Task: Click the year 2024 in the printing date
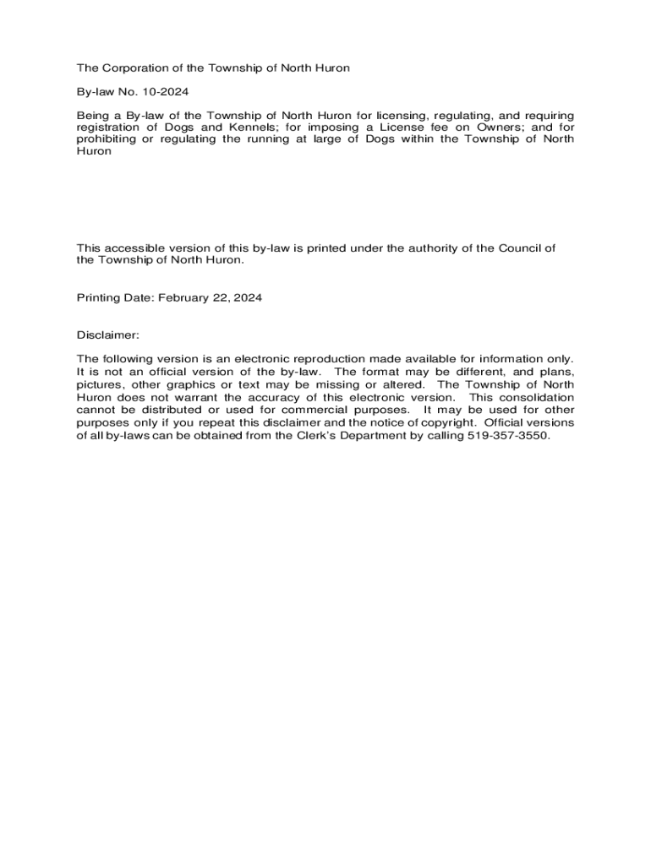(247, 297)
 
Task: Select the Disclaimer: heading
(107, 335)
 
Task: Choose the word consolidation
(536, 397)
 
